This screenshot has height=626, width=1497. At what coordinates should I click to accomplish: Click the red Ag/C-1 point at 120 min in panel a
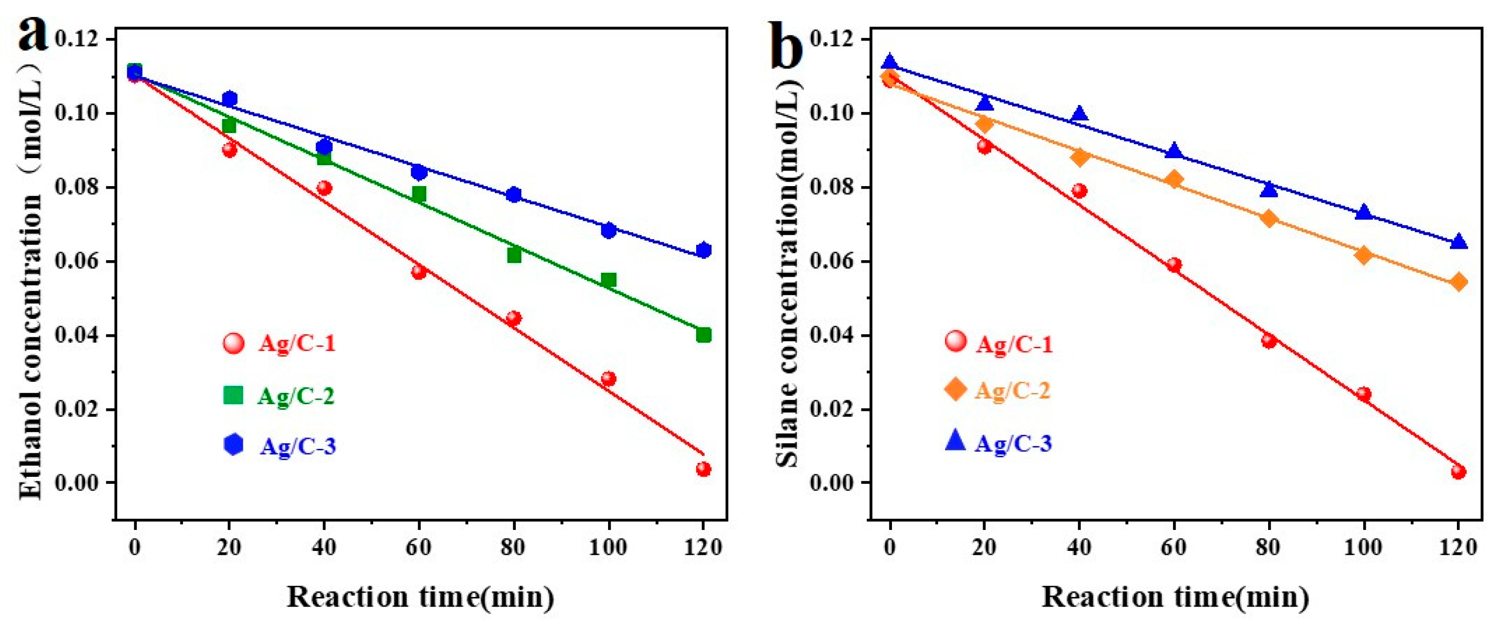click(703, 469)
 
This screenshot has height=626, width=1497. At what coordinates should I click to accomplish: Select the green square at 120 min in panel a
click(703, 335)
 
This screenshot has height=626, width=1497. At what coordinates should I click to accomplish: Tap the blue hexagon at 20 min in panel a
click(229, 99)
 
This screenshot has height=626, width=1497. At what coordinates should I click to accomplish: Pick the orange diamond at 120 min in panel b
click(1458, 282)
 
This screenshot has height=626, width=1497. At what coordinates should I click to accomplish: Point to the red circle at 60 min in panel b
click(1174, 265)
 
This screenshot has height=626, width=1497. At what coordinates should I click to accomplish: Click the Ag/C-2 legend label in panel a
click(296, 396)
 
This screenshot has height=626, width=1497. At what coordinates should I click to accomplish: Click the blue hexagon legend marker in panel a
click(233, 445)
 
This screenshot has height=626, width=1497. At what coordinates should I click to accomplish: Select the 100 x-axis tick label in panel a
click(609, 547)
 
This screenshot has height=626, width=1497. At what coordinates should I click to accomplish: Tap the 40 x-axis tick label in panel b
click(1079, 547)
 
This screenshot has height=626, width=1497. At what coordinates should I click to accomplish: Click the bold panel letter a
click(32, 35)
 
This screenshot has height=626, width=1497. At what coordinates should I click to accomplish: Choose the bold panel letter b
click(787, 44)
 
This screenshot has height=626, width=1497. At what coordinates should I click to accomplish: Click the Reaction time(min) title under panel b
click(1175, 596)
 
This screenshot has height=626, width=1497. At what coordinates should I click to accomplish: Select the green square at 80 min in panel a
click(514, 255)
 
